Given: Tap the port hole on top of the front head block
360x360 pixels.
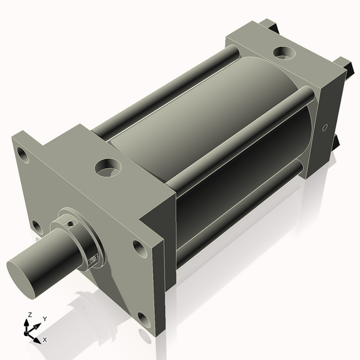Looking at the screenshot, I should pyautogui.click(x=108, y=167).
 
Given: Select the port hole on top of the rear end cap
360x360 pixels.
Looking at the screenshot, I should pyautogui.click(x=283, y=53).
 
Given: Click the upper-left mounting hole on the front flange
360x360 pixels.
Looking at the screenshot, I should pyautogui.click(x=22, y=154).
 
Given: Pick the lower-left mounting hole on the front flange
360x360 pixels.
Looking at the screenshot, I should pyautogui.click(x=37, y=227).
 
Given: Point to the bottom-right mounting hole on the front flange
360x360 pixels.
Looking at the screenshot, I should pyautogui.click(x=144, y=319).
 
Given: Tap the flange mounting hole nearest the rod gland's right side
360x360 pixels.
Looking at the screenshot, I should pyautogui.click(x=139, y=247).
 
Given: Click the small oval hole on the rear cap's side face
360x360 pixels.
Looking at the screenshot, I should pyautogui.click(x=325, y=128).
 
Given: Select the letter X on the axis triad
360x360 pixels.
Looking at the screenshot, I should pyautogui.click(x=44, y=340).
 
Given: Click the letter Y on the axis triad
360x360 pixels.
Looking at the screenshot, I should pyautogui.click(x=44, y=319).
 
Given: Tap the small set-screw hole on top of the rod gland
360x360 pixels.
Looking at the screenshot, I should pyautogui.click(x=71, y=223).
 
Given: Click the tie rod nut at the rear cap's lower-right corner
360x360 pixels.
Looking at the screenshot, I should pyautogui.click(x=335, y=142).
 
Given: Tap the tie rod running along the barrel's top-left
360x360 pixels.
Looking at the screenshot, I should pyautogui.click(x=162, y=90).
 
